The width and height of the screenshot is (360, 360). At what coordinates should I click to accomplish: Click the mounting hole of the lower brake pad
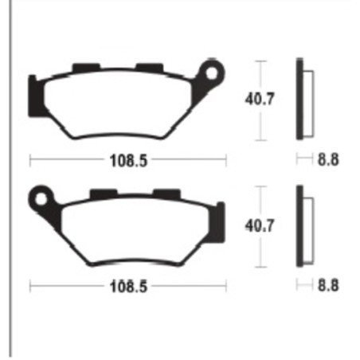pos(38,195)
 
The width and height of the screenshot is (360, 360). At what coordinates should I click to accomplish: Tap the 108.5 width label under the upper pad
pos(127,160)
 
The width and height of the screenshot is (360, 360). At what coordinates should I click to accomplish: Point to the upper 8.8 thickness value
pos(327,159)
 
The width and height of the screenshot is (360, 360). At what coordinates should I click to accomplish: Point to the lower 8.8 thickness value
pos(327,285)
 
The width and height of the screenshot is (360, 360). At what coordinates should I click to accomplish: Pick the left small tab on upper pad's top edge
pos(83,68)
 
